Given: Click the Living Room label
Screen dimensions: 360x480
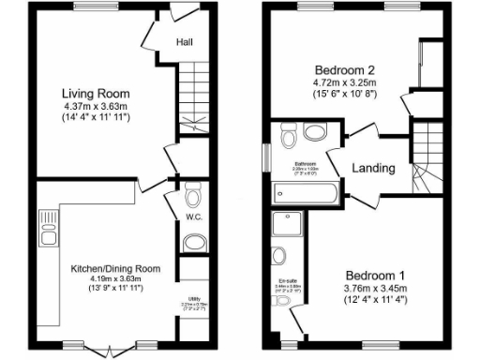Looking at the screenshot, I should tap(96, 94).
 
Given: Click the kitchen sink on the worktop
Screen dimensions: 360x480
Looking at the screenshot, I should tap(48, 227).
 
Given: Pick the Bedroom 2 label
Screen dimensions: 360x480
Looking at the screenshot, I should tap(344, 69).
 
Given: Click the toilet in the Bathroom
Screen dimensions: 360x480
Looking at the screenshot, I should tap(289, 138).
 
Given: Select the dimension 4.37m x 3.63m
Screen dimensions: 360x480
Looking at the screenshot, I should tap(96, 107).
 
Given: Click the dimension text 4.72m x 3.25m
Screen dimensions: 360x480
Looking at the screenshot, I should tap(344, 82).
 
